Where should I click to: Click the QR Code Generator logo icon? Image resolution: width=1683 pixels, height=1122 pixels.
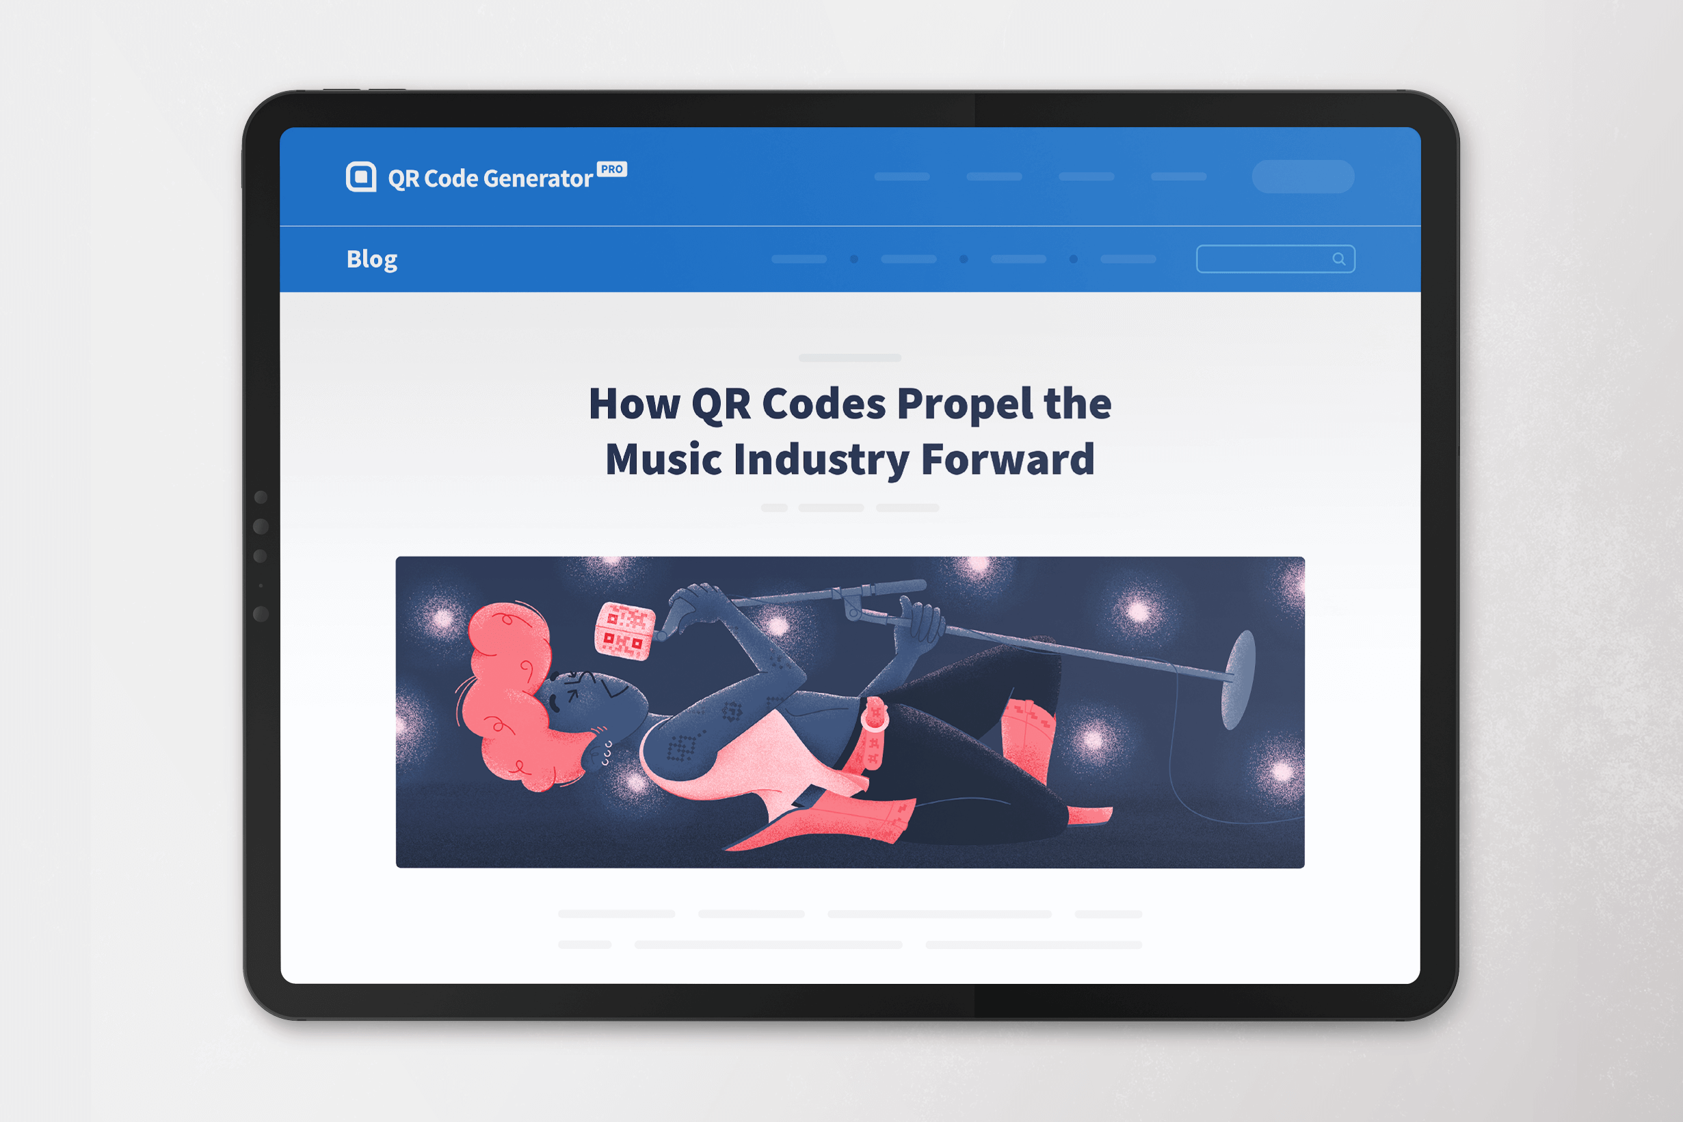pyautogui.click(x=361, y=176)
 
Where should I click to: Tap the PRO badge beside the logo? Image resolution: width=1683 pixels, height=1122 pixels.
pyautogui.click(x=612, y=169)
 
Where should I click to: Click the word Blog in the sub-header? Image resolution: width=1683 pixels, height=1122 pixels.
pyautogui.click(x=371, y=259)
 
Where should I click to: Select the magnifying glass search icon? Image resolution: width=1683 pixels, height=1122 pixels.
pyautogui.click(x=1338, y=259)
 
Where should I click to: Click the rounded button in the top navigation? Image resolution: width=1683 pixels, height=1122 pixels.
pyautogui.click(x=1303, y=176)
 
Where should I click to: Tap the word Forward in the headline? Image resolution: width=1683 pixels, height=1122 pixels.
pyautogui.click(x=1007, y=459)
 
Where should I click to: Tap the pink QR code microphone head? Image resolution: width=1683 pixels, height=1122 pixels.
pyautogui.click(x=624, y=630)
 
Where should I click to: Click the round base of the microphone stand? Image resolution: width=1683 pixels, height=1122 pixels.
pyautogui.click(x=1238, y=679)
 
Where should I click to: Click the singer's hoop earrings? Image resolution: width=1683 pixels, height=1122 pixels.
pyautogui.click(x=607, y=753)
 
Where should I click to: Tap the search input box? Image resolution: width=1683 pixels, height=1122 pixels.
pyautogui.click(x=1275, y=259)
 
